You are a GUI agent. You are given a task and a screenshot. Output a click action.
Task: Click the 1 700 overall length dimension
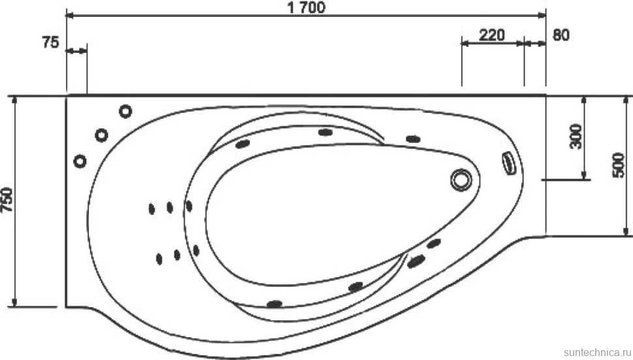click(x=307, y=7)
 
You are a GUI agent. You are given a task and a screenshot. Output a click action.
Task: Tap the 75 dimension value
click(x=50, y=42)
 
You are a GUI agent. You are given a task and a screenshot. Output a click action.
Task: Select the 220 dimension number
click(x=491, y=35)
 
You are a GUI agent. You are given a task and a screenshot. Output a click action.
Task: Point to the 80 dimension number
click(x=561, y=35)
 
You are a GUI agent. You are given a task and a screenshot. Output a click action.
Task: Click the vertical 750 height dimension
click(x=7, y=200)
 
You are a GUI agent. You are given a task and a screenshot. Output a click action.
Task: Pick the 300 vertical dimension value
click(x=576, y=136)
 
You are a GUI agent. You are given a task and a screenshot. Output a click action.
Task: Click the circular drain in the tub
click(x=461, y=179)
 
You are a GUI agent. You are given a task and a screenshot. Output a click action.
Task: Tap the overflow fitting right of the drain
click(x=509, y=163)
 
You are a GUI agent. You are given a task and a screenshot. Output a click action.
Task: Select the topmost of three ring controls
click(x=125, y=111)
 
